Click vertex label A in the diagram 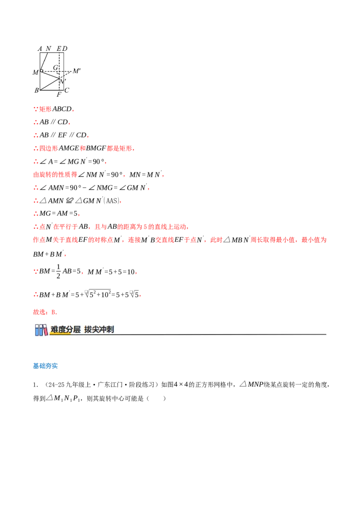tap(40, 49)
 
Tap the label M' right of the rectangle tap(76, 71)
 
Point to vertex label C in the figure tap(67, 90)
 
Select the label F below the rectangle tap(59, 94)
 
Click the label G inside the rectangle tap(55, 67)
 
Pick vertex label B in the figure tap(37, 90)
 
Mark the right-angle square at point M tap(41, 71)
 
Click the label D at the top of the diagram tap(65, 49)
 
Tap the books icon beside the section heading tap(41, 330)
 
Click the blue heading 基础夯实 tap(45, 366)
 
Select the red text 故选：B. tap(45, 312)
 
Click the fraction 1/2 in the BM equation tap(58, 272)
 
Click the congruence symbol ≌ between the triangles tap(69, 201)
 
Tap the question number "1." tap(36, 385)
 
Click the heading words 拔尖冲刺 tap(99, 330)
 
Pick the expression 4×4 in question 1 tap(181, 384)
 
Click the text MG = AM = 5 tap(58, 213)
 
